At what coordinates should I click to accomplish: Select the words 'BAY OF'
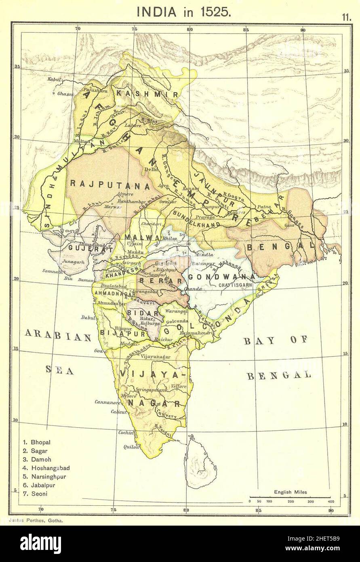point(276,340)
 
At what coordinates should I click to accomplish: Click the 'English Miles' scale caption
point(290,492)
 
